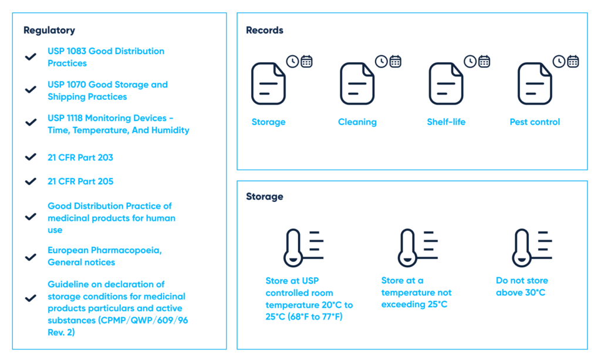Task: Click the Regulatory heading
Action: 49,31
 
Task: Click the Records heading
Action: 265,31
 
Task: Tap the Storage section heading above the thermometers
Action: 265,197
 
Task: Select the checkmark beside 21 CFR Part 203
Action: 31,157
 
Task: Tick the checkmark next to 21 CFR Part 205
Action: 31,181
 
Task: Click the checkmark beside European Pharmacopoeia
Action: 31,257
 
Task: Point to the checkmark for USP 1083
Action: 31,57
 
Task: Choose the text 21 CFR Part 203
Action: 80,157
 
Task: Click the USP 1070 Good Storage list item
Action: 108,90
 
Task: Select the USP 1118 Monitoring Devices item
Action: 119,124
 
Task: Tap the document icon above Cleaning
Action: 357,83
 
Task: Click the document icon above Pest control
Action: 535,83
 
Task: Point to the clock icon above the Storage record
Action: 292,61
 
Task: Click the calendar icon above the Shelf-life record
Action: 484,61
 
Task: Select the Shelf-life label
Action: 446,122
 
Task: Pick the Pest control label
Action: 535,122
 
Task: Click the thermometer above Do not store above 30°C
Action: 522,248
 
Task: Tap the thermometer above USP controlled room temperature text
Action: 293,248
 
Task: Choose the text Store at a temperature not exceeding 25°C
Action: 416,292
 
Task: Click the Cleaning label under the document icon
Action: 357,122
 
